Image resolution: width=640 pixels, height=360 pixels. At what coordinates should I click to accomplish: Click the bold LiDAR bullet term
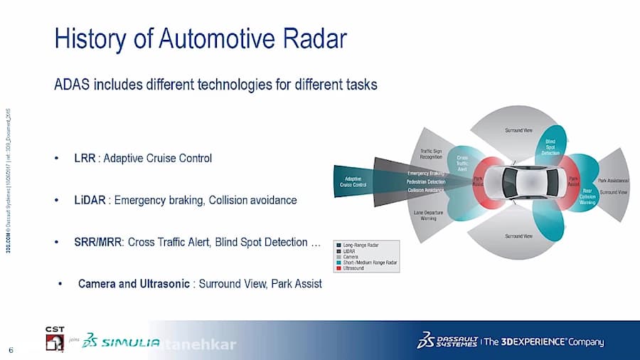click(x=90, y=201)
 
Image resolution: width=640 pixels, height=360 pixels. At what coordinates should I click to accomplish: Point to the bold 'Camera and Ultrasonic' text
click(x=133, y=284)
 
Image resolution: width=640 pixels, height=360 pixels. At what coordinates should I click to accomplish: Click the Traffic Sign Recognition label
click(x=432, y=154)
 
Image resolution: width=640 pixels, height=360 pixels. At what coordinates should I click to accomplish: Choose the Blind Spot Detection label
click(x=550, y=147)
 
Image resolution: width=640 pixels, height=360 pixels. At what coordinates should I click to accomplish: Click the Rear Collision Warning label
click(x=587, y=196)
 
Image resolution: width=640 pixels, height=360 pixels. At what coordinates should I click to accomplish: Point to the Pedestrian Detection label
click(x=426, y=182)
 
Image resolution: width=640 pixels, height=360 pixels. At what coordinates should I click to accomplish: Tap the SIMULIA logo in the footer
click(x=121, y=343)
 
